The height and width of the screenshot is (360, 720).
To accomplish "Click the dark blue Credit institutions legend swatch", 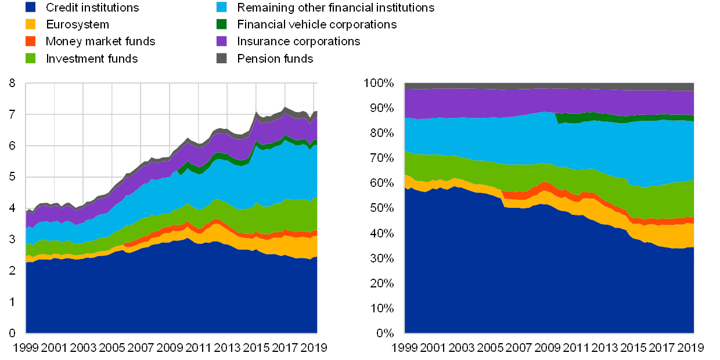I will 31,8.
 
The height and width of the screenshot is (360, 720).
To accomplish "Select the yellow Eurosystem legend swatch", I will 31,24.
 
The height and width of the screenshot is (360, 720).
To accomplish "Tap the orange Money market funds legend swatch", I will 31,41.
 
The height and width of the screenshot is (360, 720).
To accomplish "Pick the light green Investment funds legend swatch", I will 31,58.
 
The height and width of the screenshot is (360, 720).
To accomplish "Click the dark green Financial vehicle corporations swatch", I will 221,24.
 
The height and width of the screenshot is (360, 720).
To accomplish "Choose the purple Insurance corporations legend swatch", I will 221,41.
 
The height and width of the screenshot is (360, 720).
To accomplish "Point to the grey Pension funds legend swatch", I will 221,58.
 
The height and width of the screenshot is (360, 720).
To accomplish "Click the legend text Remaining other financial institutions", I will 337,8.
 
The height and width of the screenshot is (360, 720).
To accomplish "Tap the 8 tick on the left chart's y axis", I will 13,84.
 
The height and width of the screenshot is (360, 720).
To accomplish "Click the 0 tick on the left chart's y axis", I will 13,333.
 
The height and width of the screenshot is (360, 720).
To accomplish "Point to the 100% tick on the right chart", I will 380,84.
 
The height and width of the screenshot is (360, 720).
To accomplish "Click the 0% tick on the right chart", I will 387,333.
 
